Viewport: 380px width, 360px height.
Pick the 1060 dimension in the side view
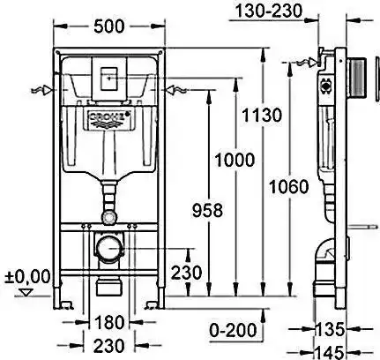click(289, 187)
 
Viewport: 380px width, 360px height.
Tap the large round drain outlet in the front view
click(108, 248)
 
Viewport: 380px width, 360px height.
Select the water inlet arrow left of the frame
click(41, 90)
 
